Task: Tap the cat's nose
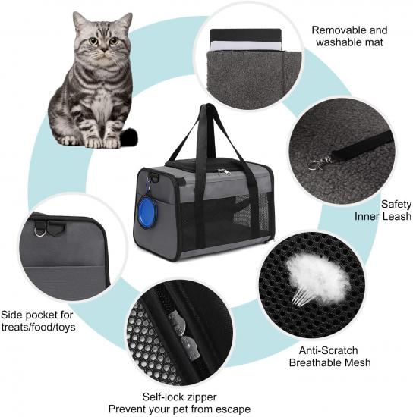(104, 50)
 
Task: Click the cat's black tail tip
(130, 137)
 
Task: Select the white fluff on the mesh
(317, 277)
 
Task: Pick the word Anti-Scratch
(328, 350)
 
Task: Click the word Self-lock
(160, 397)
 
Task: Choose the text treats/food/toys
(39, 327)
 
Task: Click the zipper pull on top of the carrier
(222, 172)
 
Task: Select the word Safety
(396, 204)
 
